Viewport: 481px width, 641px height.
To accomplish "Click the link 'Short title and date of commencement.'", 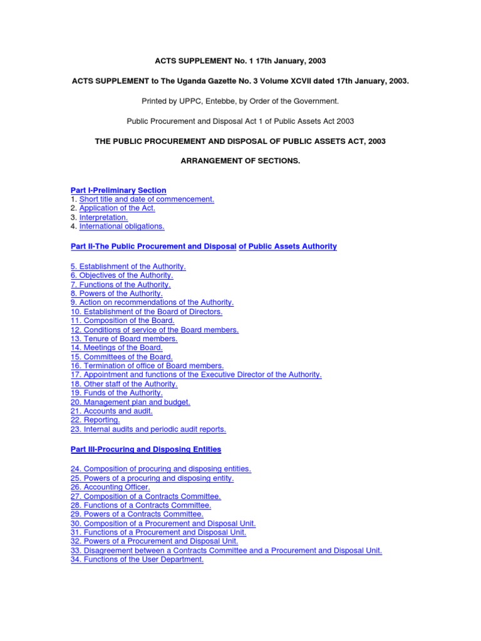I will click(x=147, y=199).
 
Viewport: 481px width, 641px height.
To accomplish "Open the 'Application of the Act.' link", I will click(x=117, y=208).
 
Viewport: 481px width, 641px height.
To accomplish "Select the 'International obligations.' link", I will click(x=122, y=227).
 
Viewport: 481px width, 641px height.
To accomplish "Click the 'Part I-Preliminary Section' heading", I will click(x=118, y=190).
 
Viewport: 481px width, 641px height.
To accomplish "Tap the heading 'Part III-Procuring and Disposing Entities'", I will click(x=145, y=449).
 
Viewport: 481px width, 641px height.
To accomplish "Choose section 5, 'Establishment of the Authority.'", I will click(x=128, y=266).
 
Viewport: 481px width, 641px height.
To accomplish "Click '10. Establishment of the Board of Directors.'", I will click(x=147, y=311).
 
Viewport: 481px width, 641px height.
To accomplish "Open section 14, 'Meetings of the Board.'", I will click(x=116, y=347).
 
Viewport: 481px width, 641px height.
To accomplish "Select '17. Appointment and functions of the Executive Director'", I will click(x=196, y=374).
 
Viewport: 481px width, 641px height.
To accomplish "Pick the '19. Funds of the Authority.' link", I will click(x=116, y=393).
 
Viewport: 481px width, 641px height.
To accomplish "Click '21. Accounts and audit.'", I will click(x=111, y=411).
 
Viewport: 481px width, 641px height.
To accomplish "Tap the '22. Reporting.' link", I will click(x=95, y=420).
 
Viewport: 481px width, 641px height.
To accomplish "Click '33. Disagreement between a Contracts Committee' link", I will click(x=226, y=550).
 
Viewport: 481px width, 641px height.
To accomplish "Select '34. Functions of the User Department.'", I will click(x=137, y=560).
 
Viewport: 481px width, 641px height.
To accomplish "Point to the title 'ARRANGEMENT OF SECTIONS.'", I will click(x=240, y=161).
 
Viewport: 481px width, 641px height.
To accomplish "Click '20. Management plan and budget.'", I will click(x=130, y=402).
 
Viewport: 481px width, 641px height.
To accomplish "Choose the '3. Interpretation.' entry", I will click(x=103, y=217).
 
